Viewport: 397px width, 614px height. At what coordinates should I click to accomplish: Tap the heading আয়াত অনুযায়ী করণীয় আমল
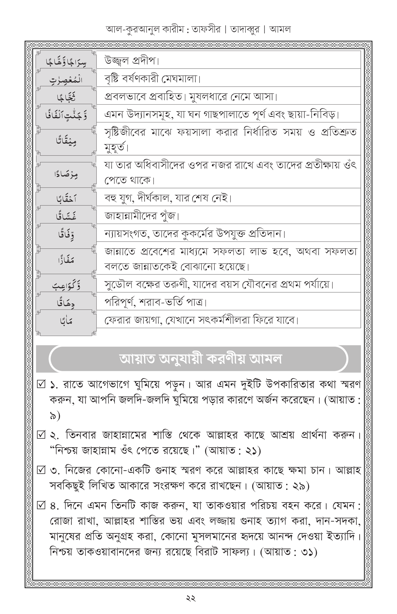pyautogui.click(x=200, y=359)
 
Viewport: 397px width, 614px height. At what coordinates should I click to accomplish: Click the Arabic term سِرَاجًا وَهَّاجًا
pyautogui.click(x=66, y=62)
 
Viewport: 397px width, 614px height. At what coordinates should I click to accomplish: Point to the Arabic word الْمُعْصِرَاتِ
pyautogui.click(x=66, y=80)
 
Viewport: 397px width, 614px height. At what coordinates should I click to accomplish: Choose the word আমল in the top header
pyautogui.click(x=280, y=29)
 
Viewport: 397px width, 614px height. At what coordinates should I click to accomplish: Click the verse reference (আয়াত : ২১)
pyautogui.click(x=233, y=451)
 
